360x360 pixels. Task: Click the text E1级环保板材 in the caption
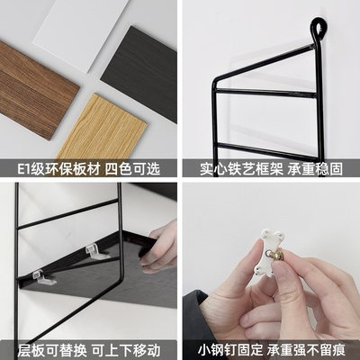[52, 167]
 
